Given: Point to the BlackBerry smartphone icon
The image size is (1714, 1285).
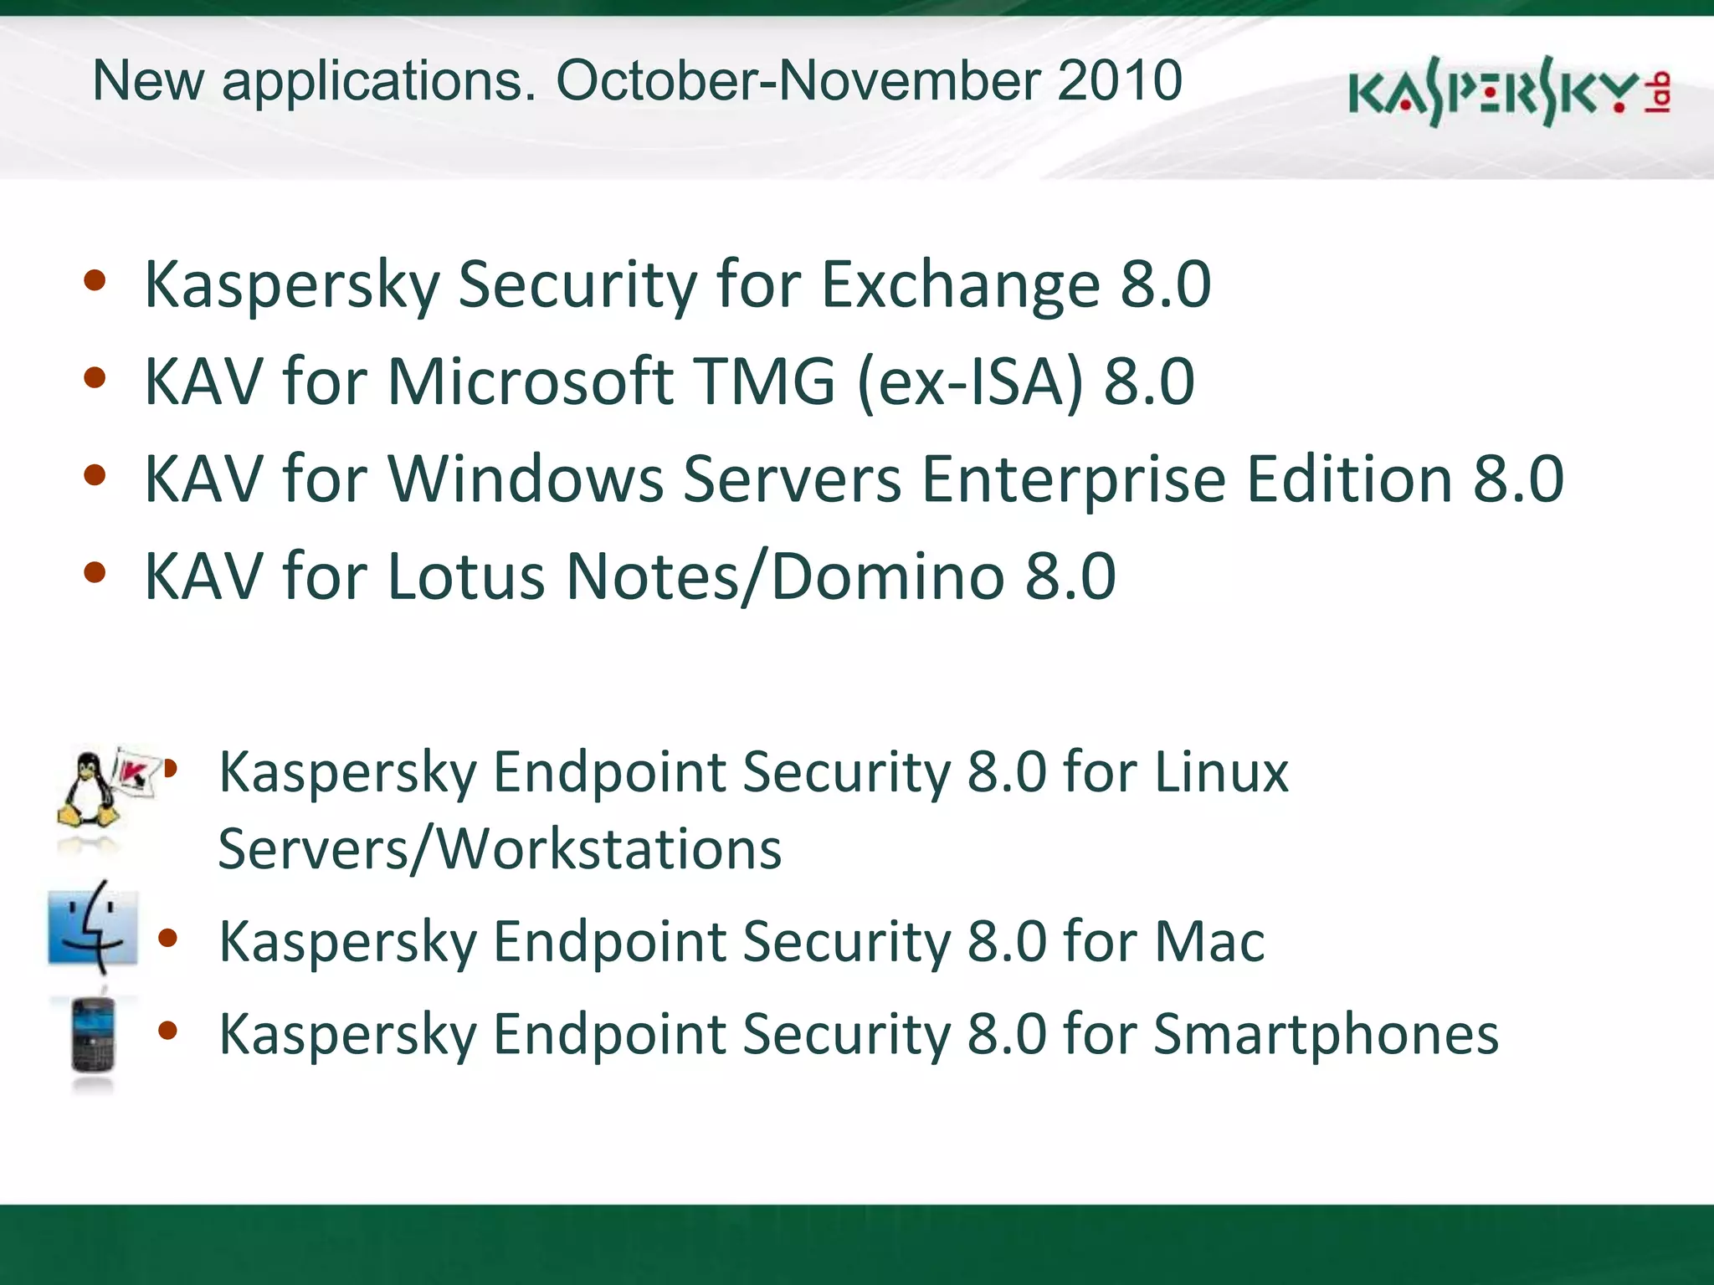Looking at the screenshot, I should point(92,1035).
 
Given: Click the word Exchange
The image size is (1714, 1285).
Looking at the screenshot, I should point(960,284).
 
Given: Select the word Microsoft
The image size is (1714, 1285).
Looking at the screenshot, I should point(530,382).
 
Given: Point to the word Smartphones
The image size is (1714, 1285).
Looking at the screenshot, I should point(1326,1035).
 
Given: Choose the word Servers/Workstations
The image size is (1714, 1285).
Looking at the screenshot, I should point(500,849).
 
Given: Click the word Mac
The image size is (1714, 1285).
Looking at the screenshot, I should point(1209,942).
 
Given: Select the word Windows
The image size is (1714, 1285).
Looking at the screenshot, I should point(526,479).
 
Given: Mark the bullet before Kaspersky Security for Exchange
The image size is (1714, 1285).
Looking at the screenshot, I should point(95,281).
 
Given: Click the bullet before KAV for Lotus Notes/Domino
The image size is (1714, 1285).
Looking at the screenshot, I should point(95,573).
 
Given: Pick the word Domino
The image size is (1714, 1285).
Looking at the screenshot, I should point(888,576).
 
